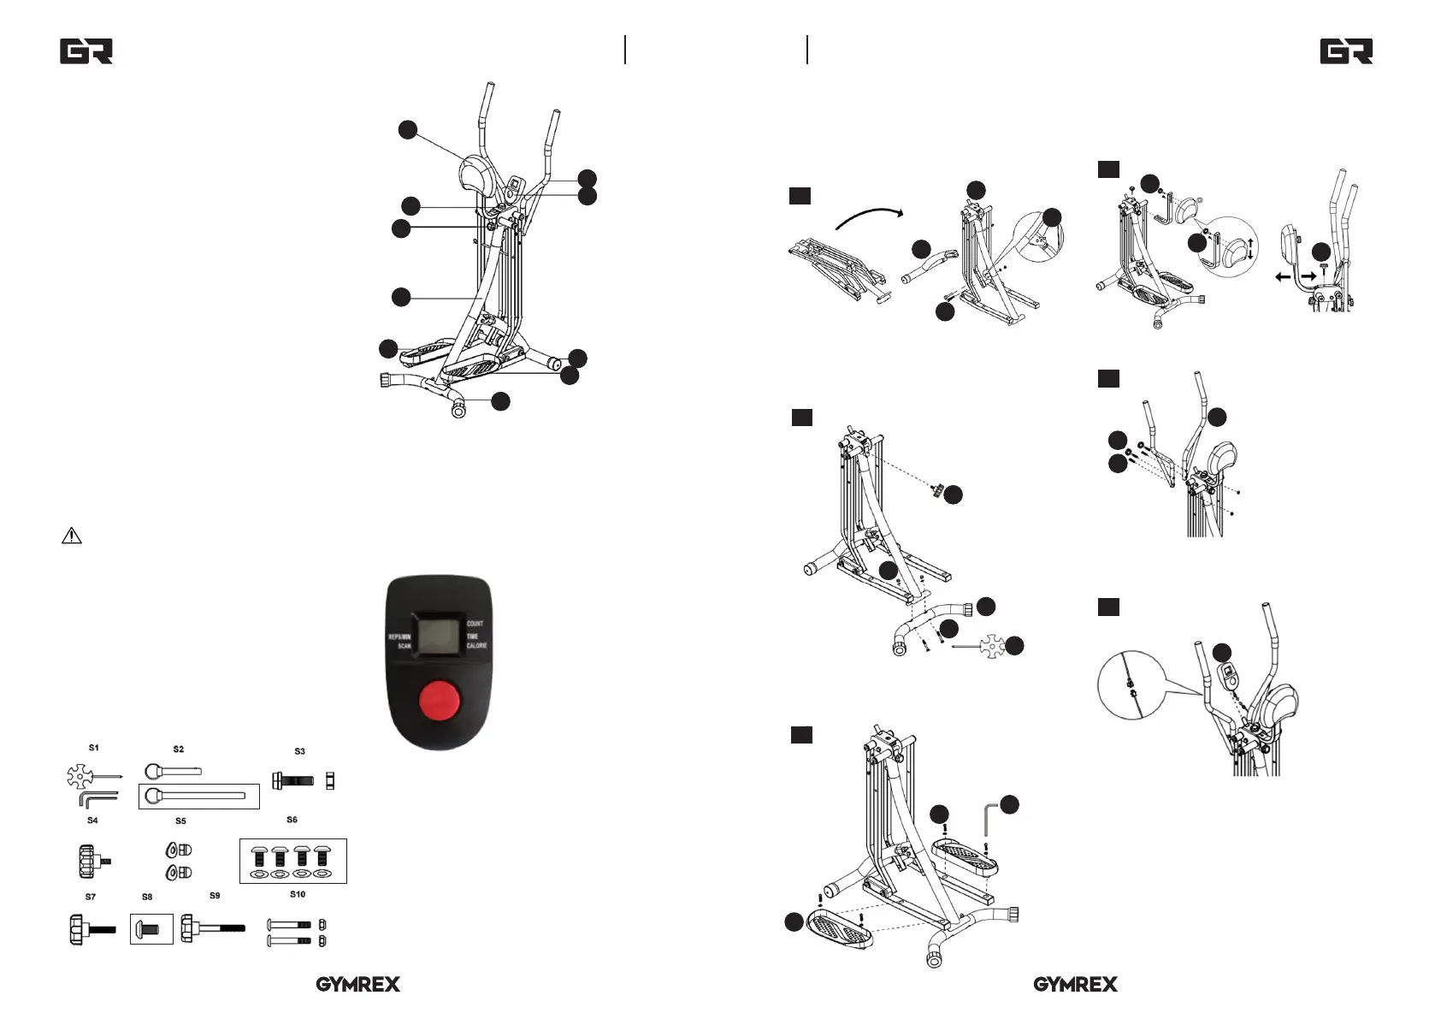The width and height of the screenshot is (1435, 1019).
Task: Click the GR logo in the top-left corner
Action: (86, 51)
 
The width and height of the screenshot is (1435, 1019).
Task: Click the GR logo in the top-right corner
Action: (1346, 51)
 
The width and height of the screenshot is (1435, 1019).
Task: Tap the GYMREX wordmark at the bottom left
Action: (357, 984)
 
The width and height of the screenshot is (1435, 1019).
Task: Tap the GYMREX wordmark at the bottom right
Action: (1075, 984)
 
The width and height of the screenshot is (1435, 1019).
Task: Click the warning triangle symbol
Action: (72, 536)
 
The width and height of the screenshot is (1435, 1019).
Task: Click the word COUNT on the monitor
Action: (475, 624)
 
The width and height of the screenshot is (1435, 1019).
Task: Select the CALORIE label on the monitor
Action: (476, 646)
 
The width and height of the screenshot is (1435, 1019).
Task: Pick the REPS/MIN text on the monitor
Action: (399, 637)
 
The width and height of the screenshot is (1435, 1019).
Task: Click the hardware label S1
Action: (94, 748)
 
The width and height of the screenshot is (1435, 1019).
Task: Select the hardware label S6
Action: (292, 820)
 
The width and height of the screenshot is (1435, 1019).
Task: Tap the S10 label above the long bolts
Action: (297, 894)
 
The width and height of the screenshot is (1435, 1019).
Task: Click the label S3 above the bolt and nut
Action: (299, 751)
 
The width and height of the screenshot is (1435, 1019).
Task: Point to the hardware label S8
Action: (147, 898)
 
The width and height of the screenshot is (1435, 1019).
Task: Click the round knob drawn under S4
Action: (88, 861)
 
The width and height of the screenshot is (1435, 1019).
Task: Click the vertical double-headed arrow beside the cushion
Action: (1251, 250)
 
